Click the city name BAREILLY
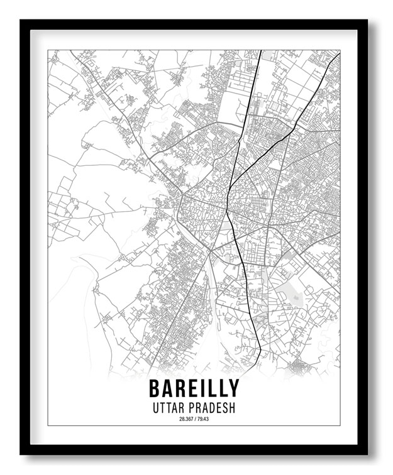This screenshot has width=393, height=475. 194,388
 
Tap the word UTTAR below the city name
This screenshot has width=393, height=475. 169,408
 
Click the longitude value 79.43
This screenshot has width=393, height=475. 202,419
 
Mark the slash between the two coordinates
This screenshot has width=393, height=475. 194,419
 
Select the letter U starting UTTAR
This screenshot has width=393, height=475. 155,408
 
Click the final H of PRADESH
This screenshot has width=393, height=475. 232,408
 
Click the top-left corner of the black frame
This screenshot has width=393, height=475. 21,21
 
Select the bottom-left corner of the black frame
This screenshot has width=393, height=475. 21,454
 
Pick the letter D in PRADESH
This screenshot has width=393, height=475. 211,408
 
